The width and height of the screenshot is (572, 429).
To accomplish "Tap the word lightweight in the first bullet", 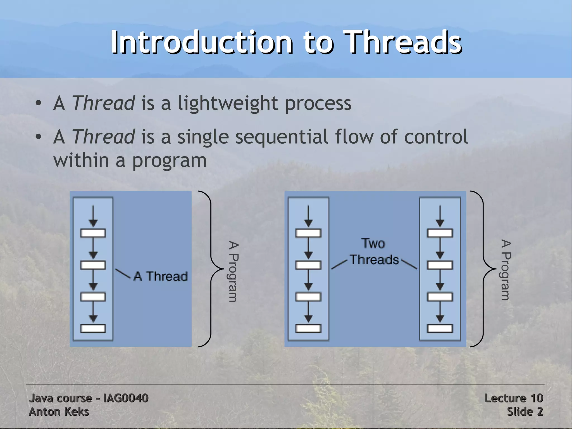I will click(228, 104).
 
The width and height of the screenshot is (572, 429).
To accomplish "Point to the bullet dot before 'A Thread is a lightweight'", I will click(39, 104).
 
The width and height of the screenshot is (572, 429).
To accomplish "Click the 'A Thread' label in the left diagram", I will click(160, 276).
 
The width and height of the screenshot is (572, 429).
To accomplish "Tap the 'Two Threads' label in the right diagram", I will click(374, 252).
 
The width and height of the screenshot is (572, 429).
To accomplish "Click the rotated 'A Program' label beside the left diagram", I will click(233, 271).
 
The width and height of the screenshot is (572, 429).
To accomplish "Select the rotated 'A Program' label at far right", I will click(506, 270).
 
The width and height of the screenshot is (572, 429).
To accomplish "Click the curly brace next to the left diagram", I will click(211, 269).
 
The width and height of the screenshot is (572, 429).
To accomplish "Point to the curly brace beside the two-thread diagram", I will click(483, 269).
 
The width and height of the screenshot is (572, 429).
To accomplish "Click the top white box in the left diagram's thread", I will click(93, 233).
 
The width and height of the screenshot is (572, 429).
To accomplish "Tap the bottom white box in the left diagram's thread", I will click(93, 328).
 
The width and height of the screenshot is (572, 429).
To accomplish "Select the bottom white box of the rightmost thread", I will click(440, 328).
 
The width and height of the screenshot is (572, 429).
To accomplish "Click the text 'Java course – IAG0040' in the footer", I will click(89, 398).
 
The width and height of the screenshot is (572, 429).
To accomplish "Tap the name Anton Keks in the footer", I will click(59, 412).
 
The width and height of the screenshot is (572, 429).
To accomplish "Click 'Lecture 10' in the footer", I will click(514, 398).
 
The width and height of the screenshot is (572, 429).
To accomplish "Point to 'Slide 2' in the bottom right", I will click(525, 412).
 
